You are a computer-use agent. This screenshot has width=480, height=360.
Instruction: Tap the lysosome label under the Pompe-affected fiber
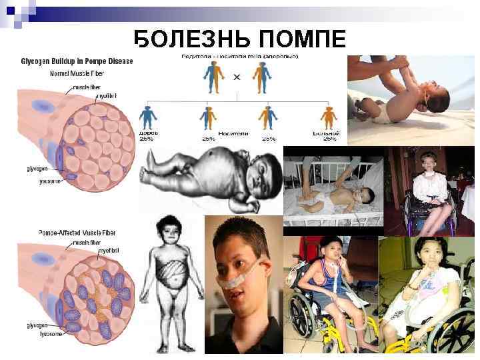click(50, 333)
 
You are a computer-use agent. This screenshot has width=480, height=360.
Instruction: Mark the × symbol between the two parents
click(237, 78)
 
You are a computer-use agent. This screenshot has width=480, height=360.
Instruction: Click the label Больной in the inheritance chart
click(327, 134)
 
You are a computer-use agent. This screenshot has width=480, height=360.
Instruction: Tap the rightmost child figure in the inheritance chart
click(327, 118)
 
